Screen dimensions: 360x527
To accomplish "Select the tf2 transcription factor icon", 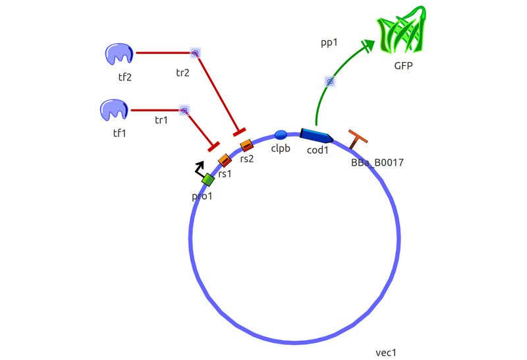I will click(x=119, y=54).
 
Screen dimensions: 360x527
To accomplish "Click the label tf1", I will click(x=119, y=133).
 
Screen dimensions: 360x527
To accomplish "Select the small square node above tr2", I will click(x=195, y=53).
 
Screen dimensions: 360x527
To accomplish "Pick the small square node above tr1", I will click(x=184, y=111).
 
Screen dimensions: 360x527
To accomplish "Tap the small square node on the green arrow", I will click(x=330, y=82).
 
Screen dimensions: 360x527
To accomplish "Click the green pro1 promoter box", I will click(x=208, y=179).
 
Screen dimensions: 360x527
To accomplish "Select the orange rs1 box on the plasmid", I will click(x=225, y=160).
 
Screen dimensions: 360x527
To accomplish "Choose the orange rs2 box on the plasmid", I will click(x=246, y=145).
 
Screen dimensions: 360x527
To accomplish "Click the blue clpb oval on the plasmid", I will click(x=281, y=135).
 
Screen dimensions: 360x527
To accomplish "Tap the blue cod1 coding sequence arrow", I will click(x=316, y=136).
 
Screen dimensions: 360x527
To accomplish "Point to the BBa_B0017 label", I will click(x=377, y=162).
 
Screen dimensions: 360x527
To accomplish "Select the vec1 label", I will click(x=386, y=353).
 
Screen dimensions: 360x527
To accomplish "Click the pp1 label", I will click(x=329, y=43).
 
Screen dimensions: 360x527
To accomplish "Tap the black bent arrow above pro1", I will click(x=199, y=169).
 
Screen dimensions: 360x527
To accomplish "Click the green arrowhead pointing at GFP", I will click(x=368, y=45).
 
